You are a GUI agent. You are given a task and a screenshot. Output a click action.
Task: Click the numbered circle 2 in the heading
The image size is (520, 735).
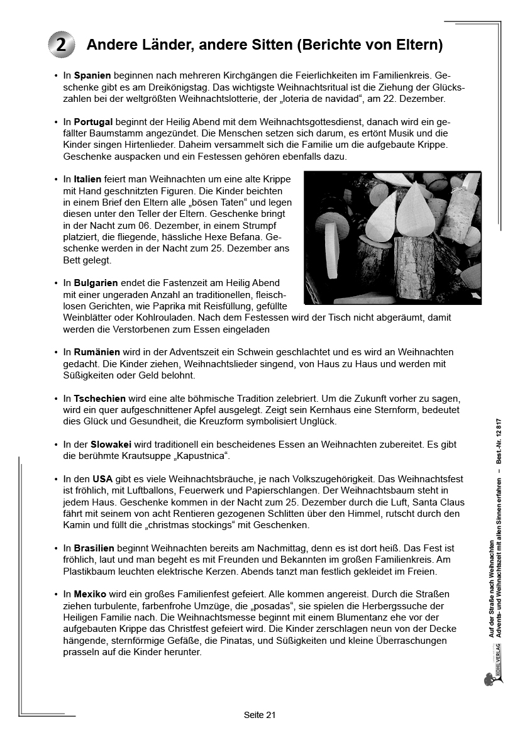[61, 45]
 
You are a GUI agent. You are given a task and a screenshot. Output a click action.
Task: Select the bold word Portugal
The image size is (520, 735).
[93, 122]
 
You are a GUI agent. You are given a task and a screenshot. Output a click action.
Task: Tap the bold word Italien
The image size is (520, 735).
[87, 180]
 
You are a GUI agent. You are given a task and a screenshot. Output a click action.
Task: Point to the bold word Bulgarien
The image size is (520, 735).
[96, 283]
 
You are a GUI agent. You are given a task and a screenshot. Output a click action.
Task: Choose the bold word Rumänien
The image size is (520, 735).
[97, 352]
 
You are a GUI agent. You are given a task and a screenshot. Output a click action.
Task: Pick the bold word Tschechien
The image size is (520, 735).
[99, 399]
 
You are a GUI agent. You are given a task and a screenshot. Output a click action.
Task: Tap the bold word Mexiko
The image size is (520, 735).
[90, 594]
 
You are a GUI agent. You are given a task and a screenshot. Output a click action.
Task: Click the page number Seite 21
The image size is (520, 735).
[260, 715]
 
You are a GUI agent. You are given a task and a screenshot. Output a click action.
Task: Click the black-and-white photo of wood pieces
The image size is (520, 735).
[392, 237]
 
